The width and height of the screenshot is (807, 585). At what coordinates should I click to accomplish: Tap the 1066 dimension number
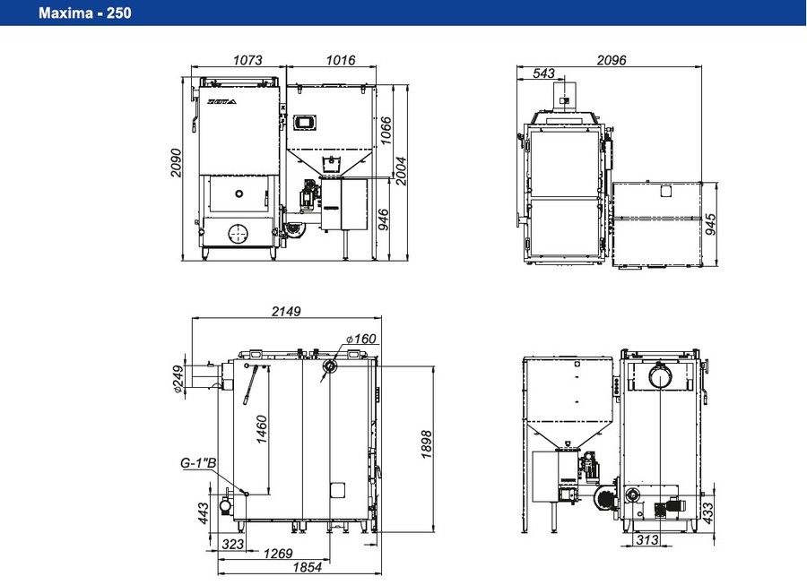pos(386,131)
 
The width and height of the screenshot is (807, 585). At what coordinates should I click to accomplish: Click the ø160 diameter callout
pos(360,339)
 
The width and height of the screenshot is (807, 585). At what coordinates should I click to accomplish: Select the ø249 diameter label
pos(178,379)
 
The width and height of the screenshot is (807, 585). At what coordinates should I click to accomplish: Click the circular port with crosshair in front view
pos(238,234)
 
